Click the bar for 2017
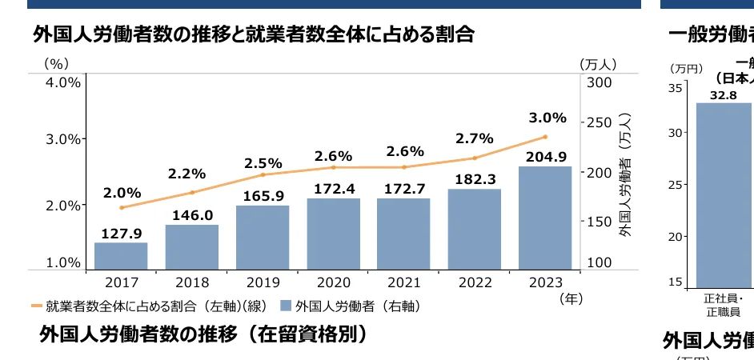tap(121, 256)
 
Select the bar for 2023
tap(545, 218)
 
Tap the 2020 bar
tap(333, 234)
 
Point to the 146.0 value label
tap(192, 215)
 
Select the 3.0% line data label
tap(547, 118)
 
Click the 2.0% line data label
tap(122, 193)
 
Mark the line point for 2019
tap(263, 174)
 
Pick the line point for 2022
tap(475, 158)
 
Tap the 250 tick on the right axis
tap(599, 122)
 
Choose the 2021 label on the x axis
tap(403, 282)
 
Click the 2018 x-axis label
tap(192, 282)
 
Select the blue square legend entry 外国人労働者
tap(350, 306)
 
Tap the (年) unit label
tap(572, 298)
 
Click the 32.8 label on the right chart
tap(723, 95)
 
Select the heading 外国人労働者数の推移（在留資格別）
tap(203, 334)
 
